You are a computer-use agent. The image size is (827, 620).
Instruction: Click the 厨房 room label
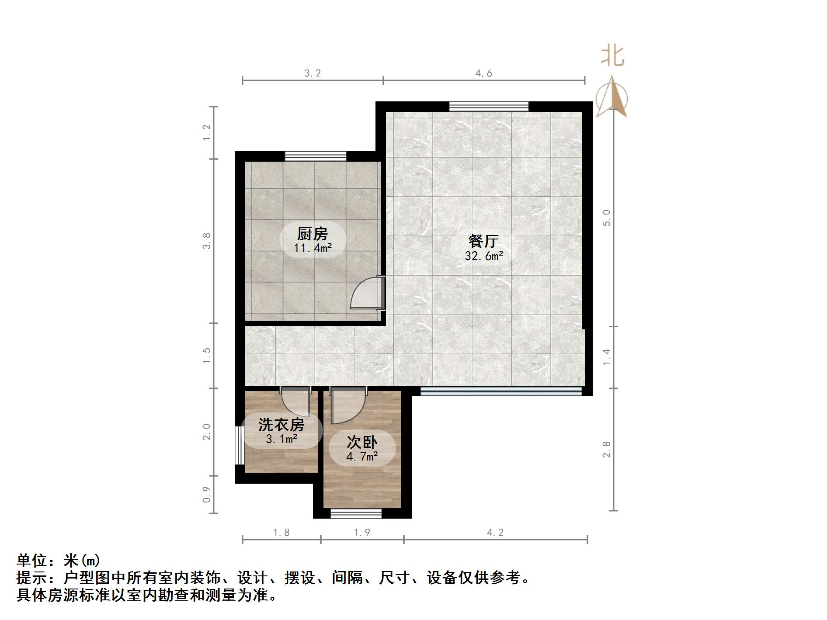pos(313,234)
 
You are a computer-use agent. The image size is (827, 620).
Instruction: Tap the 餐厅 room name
pos(483,241)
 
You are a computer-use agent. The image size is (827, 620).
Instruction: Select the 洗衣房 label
pos(281,424)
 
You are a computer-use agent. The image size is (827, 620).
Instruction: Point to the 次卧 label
pos(362,442)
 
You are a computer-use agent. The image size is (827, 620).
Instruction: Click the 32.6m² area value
pos(483,256)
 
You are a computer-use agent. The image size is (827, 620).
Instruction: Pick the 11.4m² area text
pos(313,248)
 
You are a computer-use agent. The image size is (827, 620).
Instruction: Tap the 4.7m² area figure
pos(362,457)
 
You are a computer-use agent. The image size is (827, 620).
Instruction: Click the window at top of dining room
pos(489,106)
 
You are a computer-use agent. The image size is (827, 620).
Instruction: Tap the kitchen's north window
pos(316,156)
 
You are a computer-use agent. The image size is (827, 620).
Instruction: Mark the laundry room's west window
pos(239,445)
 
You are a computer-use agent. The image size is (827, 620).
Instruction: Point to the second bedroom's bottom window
pos(356,513)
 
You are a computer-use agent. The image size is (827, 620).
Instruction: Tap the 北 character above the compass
pos(612,57)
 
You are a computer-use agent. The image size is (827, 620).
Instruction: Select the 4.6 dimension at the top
pos(483,73)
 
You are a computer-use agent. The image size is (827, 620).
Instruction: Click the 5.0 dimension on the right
pos(606,218)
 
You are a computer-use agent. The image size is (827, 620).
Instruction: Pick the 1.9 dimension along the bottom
pos(361,532)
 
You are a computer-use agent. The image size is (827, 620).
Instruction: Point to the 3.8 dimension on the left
pos(207,241)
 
